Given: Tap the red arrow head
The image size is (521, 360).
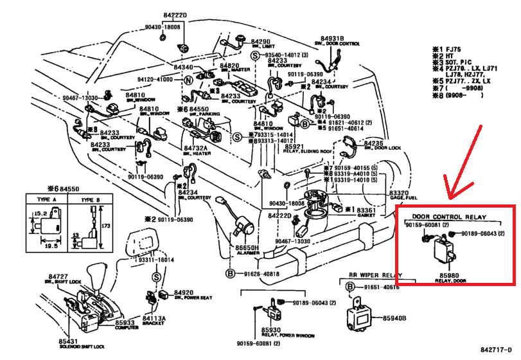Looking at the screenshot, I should click(x=451, y=192).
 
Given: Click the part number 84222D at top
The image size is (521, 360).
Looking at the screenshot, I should click(x=175, y=15).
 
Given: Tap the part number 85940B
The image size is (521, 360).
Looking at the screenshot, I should click(x=396, y=318).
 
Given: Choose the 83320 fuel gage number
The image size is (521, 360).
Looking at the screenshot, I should click(x=398, y=194).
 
